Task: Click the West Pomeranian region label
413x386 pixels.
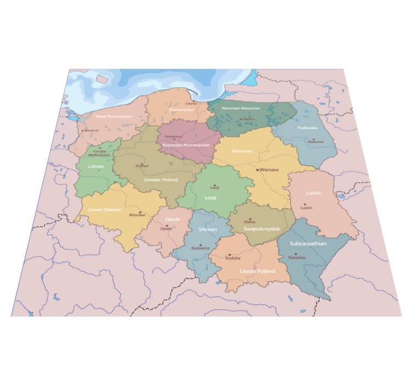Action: coord(114,116)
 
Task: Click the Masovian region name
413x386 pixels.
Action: coord(242,150)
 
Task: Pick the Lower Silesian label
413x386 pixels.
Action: coord(104,209)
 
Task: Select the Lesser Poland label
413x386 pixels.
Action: coord(258,271)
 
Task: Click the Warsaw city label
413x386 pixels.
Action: coord(269,170)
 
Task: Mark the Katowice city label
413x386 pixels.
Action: coord(200,248)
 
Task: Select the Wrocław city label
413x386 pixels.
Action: coord(137,215)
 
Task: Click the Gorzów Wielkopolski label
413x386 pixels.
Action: coord(102,153)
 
